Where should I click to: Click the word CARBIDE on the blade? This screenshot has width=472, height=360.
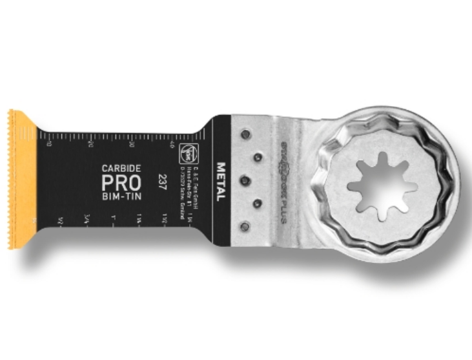point(118,168)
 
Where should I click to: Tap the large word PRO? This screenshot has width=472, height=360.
point(118,182)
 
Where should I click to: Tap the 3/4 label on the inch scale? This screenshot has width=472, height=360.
point(87,222)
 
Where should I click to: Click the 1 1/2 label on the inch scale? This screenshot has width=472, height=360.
point(165,221)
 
